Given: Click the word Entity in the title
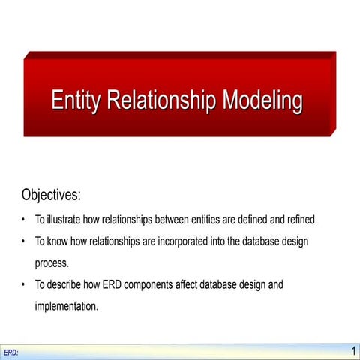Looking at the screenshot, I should click(x=76, y=100).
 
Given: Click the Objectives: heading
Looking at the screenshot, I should click(x=51, y=196).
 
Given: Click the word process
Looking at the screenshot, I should click(x=52, y=263).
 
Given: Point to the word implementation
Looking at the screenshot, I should click(x=67, y=306).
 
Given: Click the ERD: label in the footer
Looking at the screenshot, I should click(x=10, y=352).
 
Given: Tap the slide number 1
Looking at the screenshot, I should click(x=353, y=351).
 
